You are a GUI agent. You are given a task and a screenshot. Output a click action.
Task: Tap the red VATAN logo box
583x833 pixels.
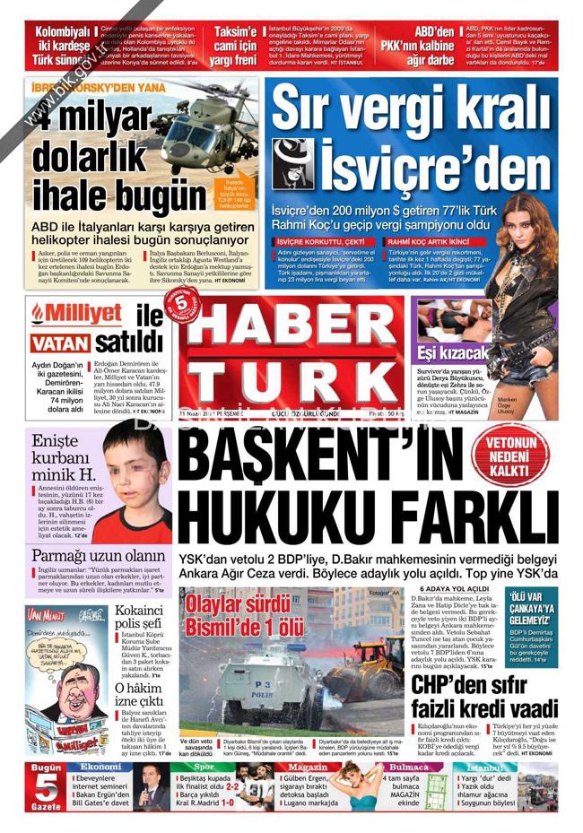pos(59,343)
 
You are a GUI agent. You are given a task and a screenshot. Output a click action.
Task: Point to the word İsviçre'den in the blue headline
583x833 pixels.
pos(409,164)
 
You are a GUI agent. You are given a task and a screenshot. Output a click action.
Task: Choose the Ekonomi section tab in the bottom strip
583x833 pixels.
pos(100,768)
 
